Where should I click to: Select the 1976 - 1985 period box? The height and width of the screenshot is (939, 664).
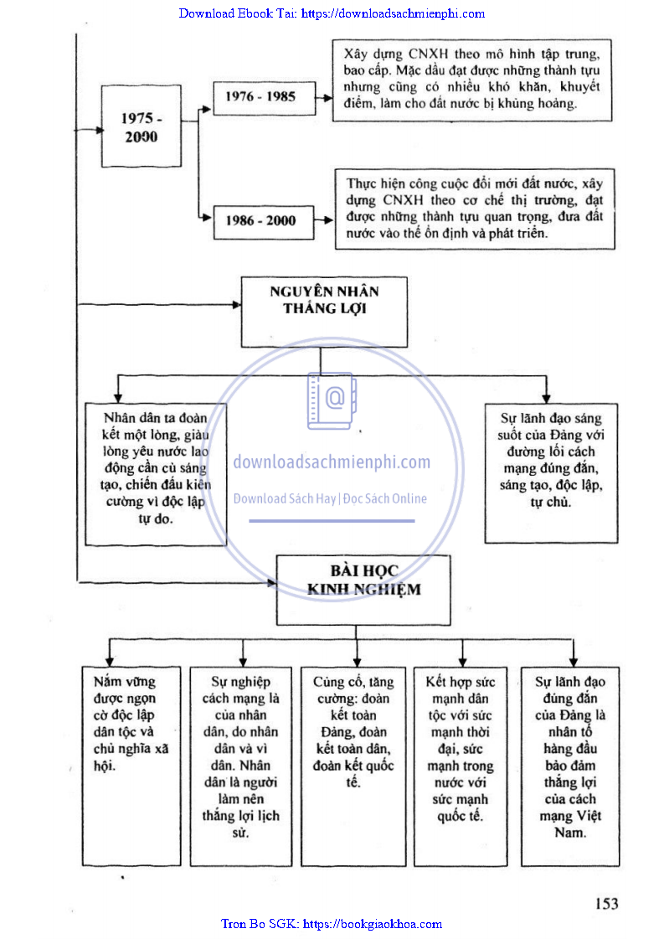(260, 96)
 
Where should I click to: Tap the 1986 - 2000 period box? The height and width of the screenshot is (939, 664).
(260, 221)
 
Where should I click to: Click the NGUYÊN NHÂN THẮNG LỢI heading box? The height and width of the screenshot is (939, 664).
(324, 312)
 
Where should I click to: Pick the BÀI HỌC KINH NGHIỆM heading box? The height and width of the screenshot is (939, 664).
(364, 590)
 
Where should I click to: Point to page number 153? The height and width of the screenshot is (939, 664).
(606, 903)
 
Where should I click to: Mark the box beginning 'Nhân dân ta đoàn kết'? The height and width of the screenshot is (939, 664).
(156, 473)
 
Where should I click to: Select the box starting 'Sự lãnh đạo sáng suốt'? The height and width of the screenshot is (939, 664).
(550, 473)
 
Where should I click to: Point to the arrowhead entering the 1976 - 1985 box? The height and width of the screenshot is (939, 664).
(208, 108)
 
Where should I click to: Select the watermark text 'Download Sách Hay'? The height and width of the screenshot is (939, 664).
(284, 499)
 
